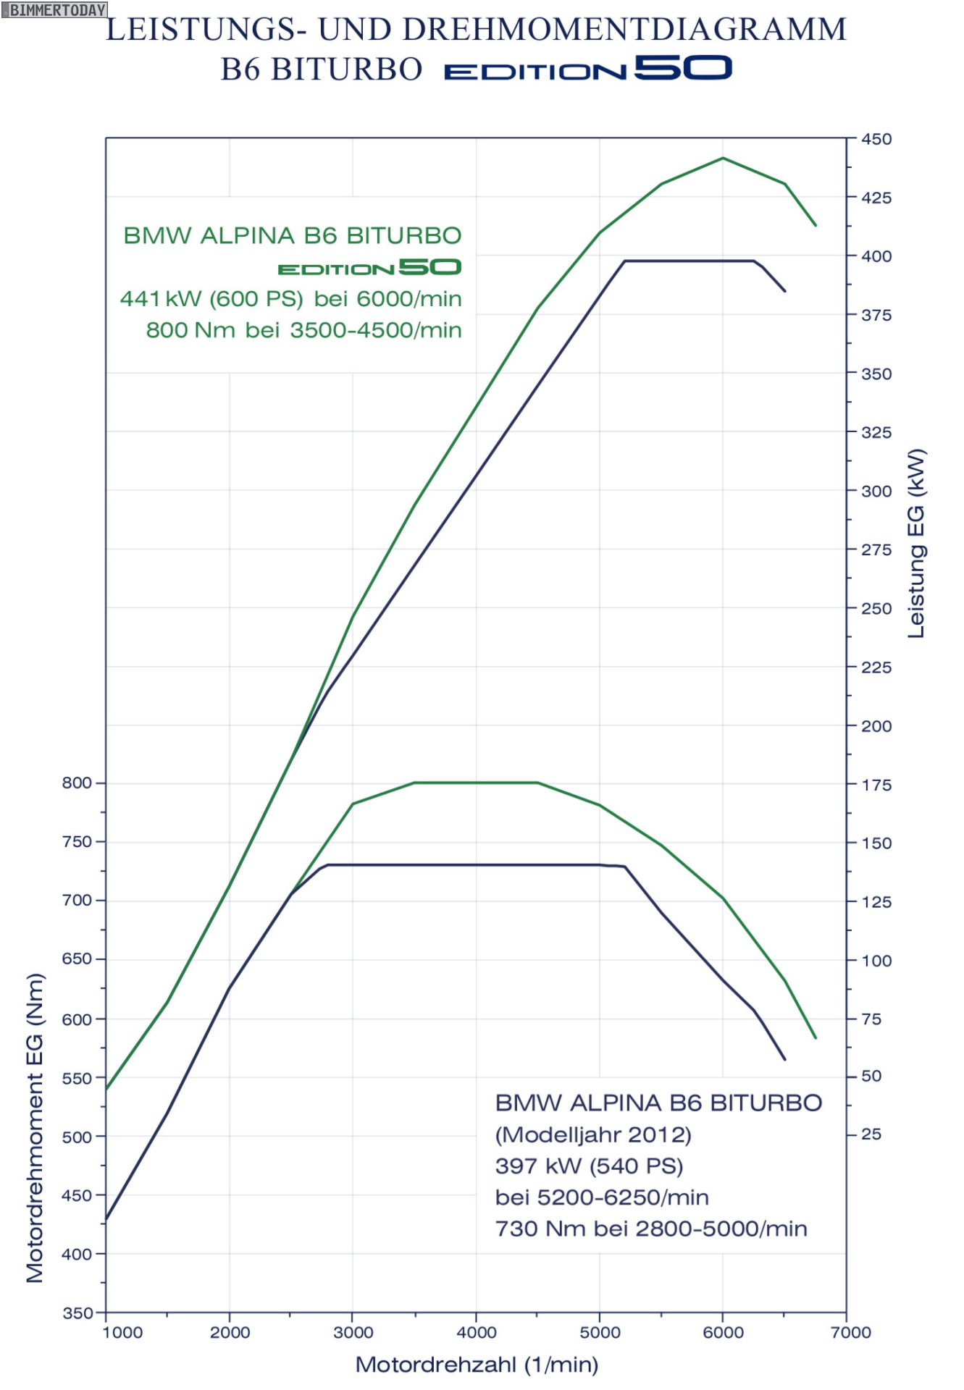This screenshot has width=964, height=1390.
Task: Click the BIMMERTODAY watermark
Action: [x=54, y=9]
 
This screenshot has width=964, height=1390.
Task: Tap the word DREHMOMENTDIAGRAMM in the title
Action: [x=624, y=30]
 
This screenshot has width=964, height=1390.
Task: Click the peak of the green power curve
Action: [x=723, y=158]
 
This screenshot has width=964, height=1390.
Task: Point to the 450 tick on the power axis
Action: [x=876, y=139]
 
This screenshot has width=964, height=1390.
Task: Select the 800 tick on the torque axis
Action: [x=77, y=783]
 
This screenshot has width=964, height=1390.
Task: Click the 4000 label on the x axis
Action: [x=477, y=1332]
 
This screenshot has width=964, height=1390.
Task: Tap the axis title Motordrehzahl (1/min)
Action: [x=477, y=1365]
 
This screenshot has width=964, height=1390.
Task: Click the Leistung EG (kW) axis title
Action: [x=916, y=543]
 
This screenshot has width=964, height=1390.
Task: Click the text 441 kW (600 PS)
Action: [x=211, y=298]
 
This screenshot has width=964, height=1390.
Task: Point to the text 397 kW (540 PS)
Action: [x=589, y=1166]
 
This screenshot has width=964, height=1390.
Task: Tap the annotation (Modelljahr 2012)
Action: [x=592, y=1134]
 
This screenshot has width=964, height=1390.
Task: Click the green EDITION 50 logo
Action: [x=369, y=268]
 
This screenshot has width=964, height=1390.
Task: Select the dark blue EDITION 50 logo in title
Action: [x=587, y=69]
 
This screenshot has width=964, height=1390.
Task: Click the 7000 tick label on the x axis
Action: [x=852, y=1332]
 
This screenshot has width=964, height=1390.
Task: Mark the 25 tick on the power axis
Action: [x=871, y=1134]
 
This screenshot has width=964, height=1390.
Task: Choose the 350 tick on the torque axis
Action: [x=77, y=1313]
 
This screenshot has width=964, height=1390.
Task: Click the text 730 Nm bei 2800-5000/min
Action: [x=650, y=1229]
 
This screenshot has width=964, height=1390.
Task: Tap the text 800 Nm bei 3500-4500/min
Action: [x=303, y=330]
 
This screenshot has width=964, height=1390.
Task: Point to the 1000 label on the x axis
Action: [x=123, y=1332]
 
